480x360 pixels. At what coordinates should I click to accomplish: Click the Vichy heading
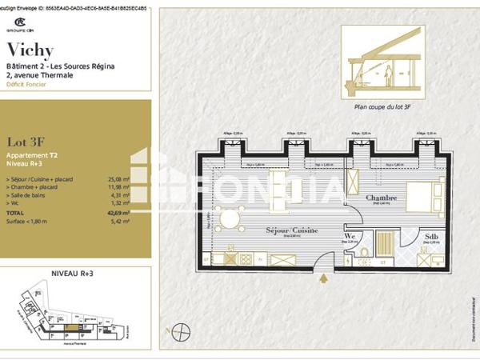click(x=30, y=50)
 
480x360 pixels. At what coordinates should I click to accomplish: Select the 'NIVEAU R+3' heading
click(x=73, y=274)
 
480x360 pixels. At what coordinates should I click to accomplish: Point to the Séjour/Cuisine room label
click(x=292, y=230)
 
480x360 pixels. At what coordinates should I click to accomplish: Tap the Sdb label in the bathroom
click(x=431, y=237)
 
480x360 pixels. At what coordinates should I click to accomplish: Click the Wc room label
click(x=350, y=237)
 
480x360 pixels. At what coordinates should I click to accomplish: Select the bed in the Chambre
click(x=425, y=199)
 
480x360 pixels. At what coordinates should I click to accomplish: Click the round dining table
click(x=231, y=219)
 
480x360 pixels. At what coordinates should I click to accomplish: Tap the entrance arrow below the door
click(x=324, y=278)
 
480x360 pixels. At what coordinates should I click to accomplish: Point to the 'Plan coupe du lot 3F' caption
click(x=382, y=105)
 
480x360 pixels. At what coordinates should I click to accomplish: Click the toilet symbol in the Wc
click(x=364, y=253)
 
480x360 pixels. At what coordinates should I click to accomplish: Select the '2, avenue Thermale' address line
click(x=39, y=75)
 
